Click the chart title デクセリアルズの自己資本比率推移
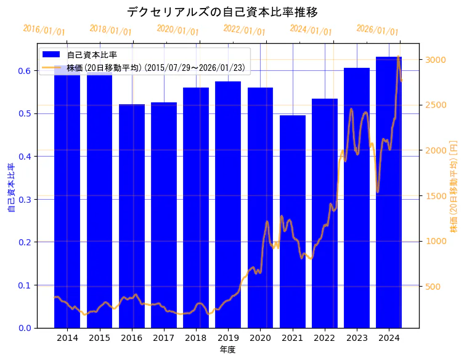[x=222, y=12]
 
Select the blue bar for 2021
[x=293, y=221]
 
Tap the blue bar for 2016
[x=132, y=216]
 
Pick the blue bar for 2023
[x=357, y=197]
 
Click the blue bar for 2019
[x=228, y=204]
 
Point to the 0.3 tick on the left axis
[x=24, y=199]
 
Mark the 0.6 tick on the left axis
[x=24, y=71]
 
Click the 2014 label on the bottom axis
[x=67, y=338]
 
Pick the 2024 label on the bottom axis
[x=389, y=338]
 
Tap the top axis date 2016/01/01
[x=44, y=30]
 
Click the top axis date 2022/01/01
[x=244, y=30]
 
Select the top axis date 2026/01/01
[x=377, y=30]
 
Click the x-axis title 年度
[x=227, y=350]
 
